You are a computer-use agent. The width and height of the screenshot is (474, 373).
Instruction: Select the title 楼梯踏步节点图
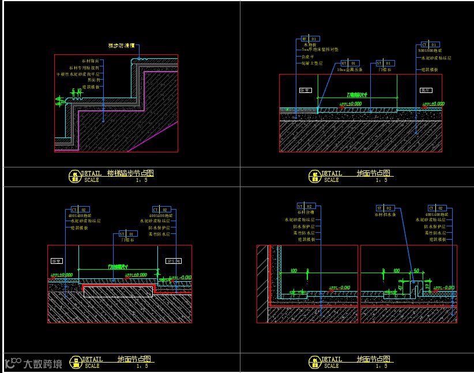point(130,173)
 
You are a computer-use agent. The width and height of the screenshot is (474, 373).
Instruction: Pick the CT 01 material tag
point(430,44)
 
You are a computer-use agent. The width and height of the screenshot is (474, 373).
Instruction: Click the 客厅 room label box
point(426,90)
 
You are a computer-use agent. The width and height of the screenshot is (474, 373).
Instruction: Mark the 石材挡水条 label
point(387,214)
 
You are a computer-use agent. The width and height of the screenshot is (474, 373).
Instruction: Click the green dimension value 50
point(416,270)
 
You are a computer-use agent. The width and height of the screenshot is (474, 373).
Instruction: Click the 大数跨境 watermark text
point(42,364)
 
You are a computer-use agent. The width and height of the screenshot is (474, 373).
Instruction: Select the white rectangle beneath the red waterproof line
point(118,292)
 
